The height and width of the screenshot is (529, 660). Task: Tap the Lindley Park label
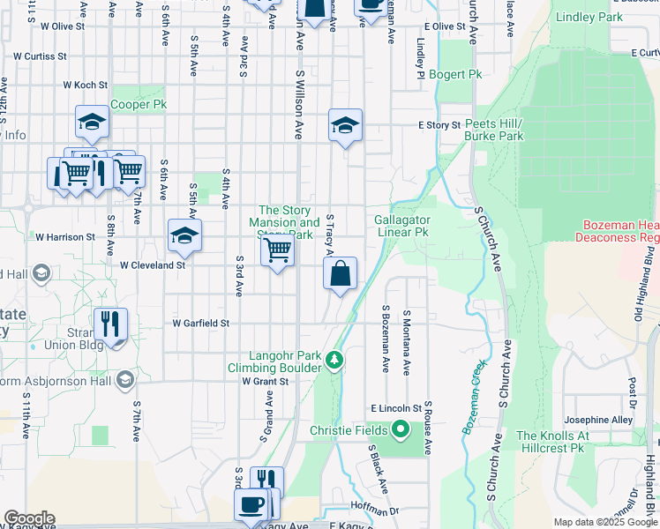(x=588, y=17)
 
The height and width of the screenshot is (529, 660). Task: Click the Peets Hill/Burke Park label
(x=494, y=130)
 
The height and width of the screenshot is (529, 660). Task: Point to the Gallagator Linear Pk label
(x=402, y=226)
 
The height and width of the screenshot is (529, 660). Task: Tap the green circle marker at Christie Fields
(x=401, y=430)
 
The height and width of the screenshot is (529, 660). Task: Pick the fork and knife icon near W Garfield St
(x=110, y=324)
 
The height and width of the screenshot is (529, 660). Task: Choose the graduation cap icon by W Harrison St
(x=184, y=235)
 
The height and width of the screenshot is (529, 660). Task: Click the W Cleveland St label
(x=153, y=264)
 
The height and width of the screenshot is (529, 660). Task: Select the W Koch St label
(x=85, y=86)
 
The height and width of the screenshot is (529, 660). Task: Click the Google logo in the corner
(x=29, y=518)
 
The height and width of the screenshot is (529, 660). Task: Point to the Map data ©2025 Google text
(x=604, y=522)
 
